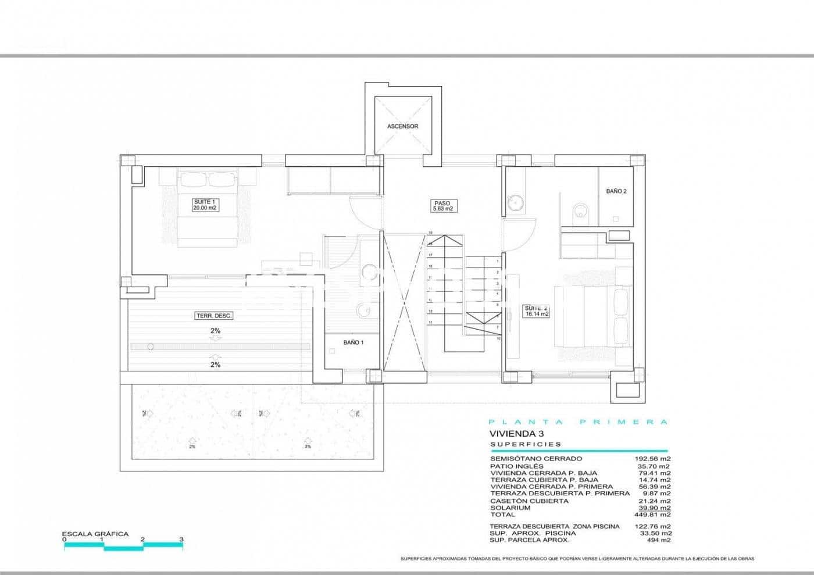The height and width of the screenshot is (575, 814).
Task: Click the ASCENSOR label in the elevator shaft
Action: click(x=402, y=126)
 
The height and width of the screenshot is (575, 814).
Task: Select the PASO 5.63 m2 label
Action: click(x=442, y=206)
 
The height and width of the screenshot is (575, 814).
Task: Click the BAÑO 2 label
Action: click(x=616, y=191)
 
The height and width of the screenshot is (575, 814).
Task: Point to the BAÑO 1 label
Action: click(x=353, y=343)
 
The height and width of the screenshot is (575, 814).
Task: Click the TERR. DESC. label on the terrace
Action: click(x=214, y=316)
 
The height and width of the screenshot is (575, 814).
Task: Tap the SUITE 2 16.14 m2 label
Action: click(x=536, y=311)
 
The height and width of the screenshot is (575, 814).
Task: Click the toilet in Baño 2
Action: click(x=580, y=212)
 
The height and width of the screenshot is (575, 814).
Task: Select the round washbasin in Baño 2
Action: click(x=515, y=203)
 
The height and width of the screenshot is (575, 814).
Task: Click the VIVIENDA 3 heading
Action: click(x=510, y=434)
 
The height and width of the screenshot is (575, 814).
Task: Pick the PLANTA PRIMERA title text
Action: click(x=578, y=423)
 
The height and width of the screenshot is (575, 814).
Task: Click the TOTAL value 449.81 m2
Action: click(x=655, y=515)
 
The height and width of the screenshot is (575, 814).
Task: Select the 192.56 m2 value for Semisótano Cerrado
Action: click(x=652, y=459)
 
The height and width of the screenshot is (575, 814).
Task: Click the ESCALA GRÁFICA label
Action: click(x=95, y=534)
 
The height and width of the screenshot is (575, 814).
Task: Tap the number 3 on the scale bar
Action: click(x=181, y=540)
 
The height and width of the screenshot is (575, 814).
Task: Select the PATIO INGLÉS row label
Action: click(x=517, y=466)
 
